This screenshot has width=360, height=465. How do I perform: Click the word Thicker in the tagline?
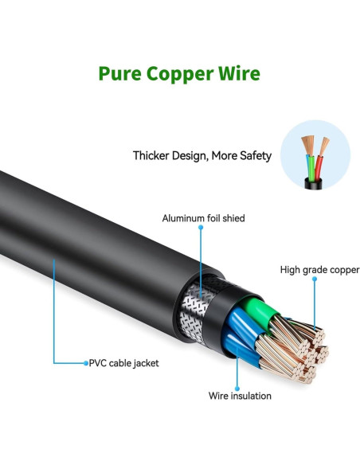point(154,156)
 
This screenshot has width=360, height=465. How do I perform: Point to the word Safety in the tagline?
point(253,156)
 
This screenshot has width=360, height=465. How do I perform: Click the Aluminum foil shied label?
point(203,217)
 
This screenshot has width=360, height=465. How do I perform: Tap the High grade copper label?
point(319,270)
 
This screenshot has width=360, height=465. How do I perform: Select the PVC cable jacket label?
point(123,363)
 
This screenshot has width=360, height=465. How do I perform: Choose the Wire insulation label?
point(240,396)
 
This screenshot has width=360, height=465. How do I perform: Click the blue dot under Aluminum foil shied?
point(201,228)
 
